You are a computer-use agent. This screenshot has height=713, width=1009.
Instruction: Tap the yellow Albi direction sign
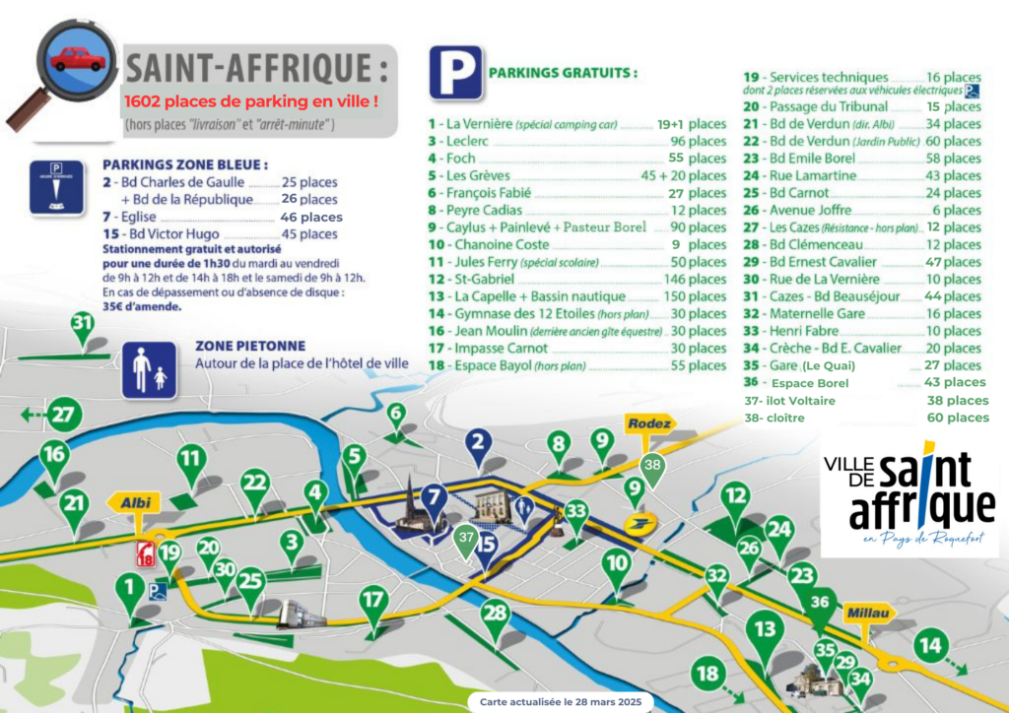(135, 502)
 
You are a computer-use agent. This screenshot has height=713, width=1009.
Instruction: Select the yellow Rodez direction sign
(649, 424)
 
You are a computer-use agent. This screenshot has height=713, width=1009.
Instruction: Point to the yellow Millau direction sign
(867, 614)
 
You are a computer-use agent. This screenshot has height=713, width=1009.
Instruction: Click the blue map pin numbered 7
(434, 498)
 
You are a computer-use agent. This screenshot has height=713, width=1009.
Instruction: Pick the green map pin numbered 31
(82, 326)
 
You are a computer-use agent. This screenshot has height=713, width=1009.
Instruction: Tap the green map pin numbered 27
(64, 415)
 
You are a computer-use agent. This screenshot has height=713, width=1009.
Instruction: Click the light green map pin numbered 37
(466, 540)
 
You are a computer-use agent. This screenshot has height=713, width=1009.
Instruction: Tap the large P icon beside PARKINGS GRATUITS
(454, 73)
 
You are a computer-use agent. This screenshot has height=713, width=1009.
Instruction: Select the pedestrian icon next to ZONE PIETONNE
(149, 370)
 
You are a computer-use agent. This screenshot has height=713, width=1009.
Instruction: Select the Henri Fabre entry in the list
(806, 331)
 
